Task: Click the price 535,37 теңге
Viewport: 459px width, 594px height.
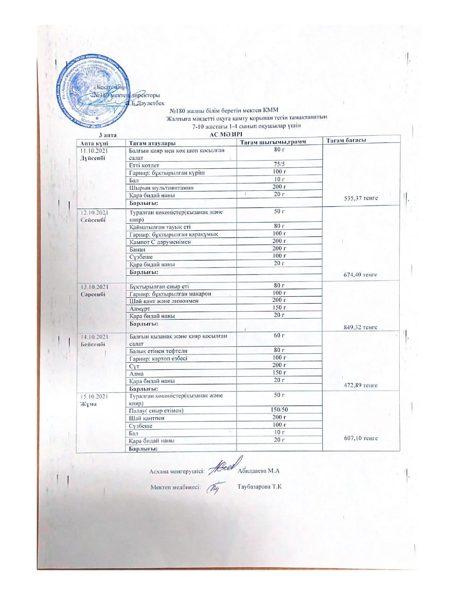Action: click(361, 198)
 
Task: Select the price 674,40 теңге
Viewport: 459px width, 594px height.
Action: click(361, 275)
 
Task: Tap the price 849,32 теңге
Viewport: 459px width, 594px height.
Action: click(361, 327)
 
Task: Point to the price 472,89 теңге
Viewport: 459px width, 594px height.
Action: click(361, 385)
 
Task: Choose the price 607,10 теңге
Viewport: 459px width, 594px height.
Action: click(361, 438)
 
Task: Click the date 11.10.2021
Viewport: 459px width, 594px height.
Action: click(94, 150)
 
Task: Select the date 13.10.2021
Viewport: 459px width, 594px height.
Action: click(94, 287)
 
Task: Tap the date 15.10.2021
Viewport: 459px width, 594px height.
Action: click(94, 396)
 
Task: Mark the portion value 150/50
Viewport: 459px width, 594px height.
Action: click(279, 410)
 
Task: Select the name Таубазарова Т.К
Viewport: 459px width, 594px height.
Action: click(260, 487)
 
